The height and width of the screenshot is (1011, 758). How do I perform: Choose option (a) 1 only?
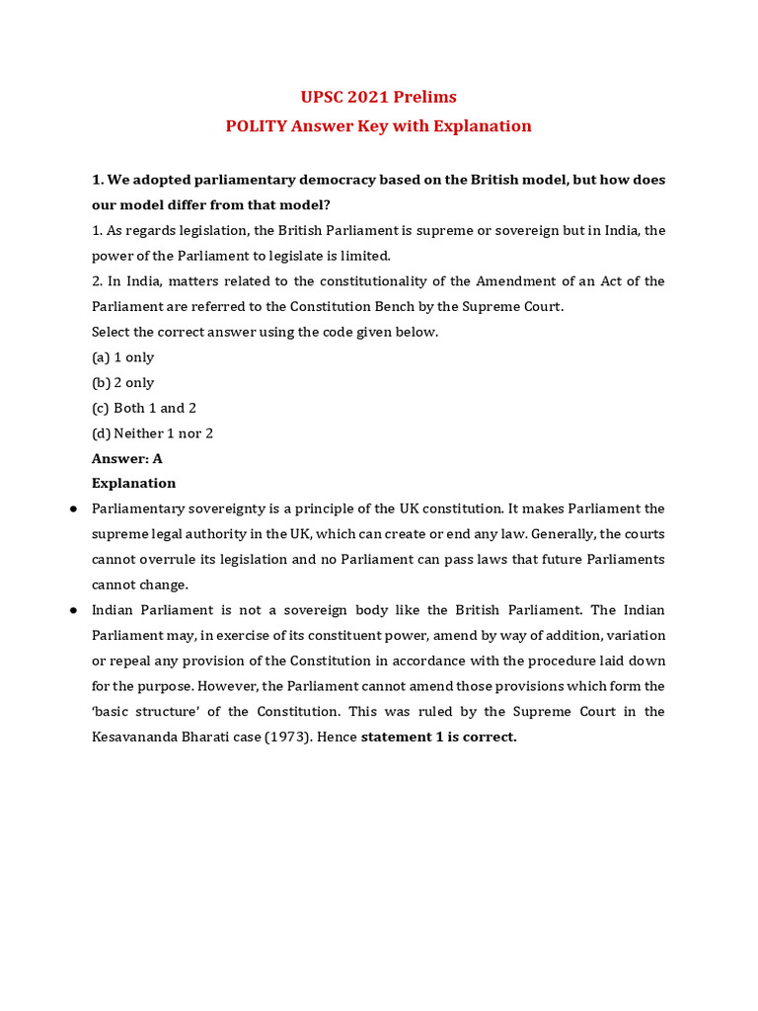click(x=123, y=357)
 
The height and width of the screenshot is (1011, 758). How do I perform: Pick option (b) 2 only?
click(x=123, y=383)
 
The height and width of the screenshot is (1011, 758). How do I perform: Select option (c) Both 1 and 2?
click(x=144, y=408)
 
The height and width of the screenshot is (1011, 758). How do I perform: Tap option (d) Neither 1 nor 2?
click(x=153, y=433)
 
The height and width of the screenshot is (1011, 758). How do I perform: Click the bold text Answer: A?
click(x=127, y=458)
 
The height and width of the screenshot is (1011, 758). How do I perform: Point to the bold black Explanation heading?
click(x=134, y=484)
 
